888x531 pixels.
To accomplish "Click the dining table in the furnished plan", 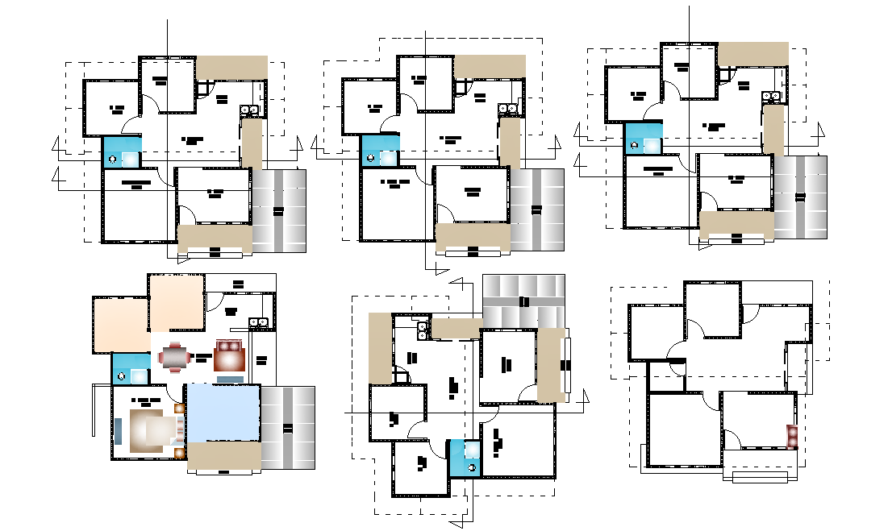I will tap(176, 356).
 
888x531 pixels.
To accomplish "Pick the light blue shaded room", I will tap(223, 412).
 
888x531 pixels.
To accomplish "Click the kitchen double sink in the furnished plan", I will tap(260, 323).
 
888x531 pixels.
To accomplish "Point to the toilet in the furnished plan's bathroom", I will tap(121, 375).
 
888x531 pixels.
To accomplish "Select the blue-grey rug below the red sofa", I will tap(231, 378).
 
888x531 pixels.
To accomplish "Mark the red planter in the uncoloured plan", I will tap(792, 436).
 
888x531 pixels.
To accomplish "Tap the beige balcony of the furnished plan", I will tap(224, 455).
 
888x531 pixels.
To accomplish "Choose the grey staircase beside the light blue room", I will tap(288, 427).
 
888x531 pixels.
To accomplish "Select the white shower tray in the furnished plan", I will tap(140, 375).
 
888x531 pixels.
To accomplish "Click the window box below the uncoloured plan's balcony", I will tap(759, 477).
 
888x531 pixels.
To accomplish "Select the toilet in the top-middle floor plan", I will tap(370, 158).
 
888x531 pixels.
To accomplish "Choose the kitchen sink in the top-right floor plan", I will tap(775, 96).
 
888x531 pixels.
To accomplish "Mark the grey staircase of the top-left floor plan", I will tap(279, 211).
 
